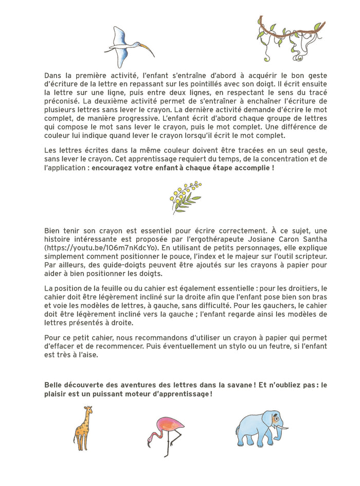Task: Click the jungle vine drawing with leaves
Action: (291, 36)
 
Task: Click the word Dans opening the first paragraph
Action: (53, 75)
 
